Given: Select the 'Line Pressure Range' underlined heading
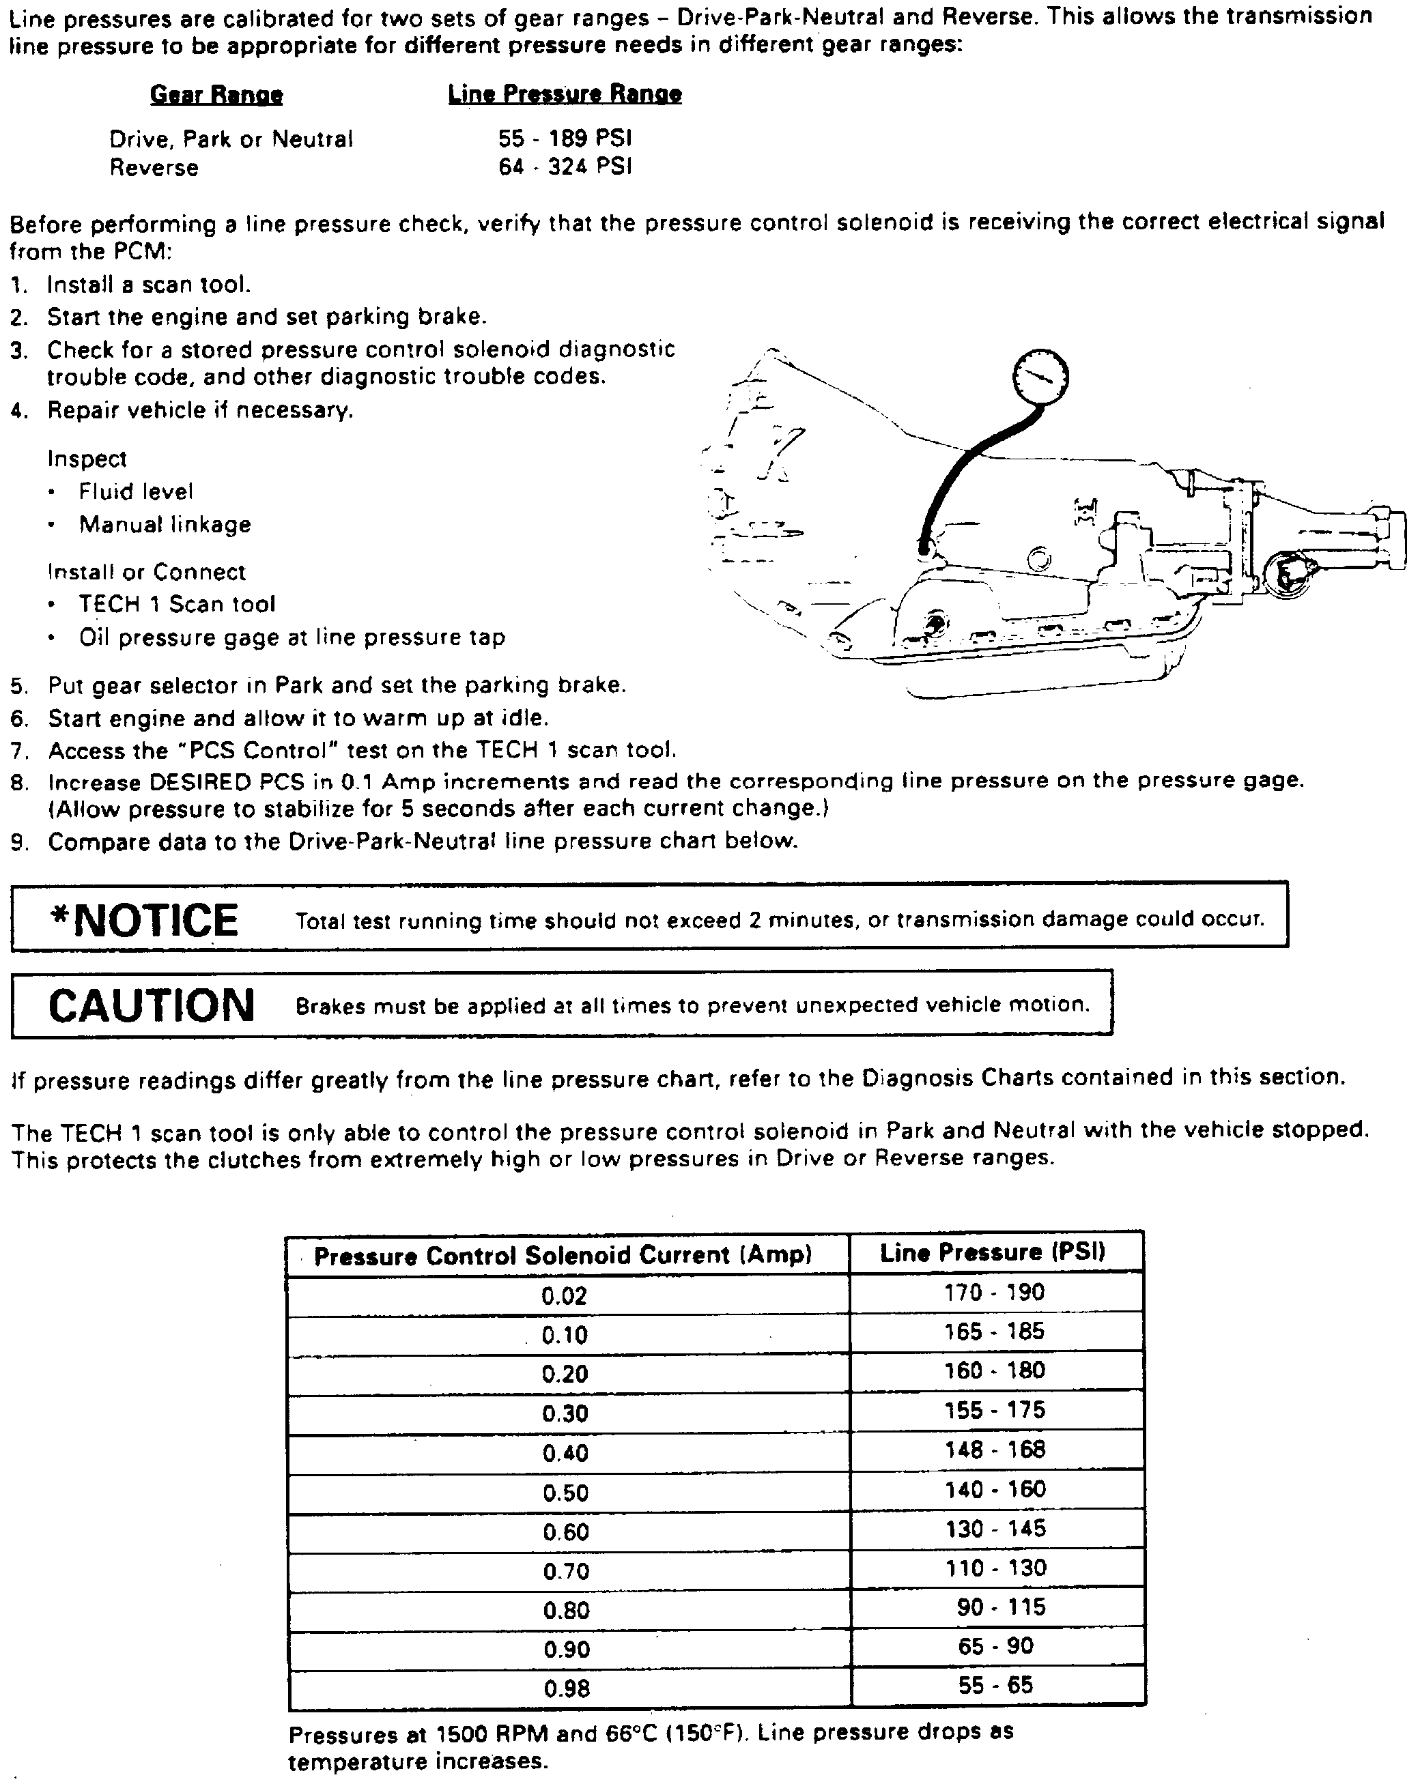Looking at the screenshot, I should tap(565, 94).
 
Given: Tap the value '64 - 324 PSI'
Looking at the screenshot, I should tap(565, 167).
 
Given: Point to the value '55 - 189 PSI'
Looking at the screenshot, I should tap(565, 138).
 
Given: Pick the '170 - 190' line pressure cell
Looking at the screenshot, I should tap(995, 1293).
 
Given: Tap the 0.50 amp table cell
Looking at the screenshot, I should tap(565, 1493).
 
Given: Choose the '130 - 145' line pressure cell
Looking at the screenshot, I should tap(995, 1528).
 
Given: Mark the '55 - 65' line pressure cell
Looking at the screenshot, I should tap(995, 1685).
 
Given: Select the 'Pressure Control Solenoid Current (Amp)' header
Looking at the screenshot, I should tap(563, 1256).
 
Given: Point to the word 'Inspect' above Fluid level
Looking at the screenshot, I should tap(87, 459).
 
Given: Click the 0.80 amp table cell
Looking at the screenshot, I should tap(566, 1610).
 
